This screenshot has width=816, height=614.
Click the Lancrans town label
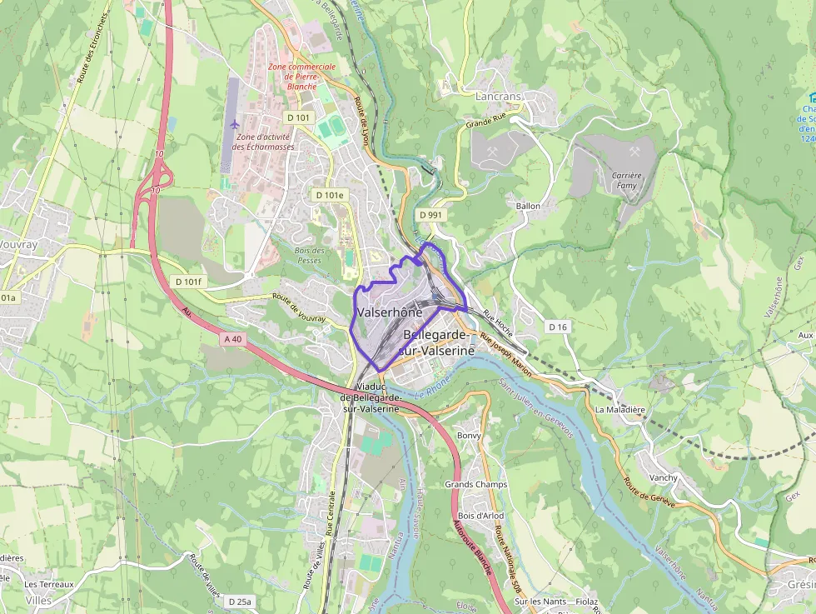tap(498, 97)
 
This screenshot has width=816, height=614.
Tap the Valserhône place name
tap(389, 312)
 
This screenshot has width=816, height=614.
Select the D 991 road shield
tap(430, 215)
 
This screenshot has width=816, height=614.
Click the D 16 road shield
tap(558, 327)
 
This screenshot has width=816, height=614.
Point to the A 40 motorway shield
tap(232, 339)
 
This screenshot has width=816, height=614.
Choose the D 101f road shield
tap(189, 282)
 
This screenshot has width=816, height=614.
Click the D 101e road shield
tap(329, 195)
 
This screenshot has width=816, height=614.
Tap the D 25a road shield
tap(239, 601)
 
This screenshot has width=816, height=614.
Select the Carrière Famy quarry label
tap(626, 181)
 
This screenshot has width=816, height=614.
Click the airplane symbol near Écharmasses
tap(233, 125)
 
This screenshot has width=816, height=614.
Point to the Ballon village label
tap(528, 206)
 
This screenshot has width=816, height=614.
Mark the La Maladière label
tap(620, 410)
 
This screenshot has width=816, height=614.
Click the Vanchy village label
tap(664, 478)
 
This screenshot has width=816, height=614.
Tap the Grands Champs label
tap(476, 485)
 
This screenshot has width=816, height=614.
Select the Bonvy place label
tap(470, 436)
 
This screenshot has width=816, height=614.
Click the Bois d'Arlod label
tap(480, 516)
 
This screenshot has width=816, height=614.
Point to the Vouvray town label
tap(17, 247)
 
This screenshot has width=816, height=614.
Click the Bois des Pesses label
tap(309, 255)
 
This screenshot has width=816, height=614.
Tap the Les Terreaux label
tap(49, 585)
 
